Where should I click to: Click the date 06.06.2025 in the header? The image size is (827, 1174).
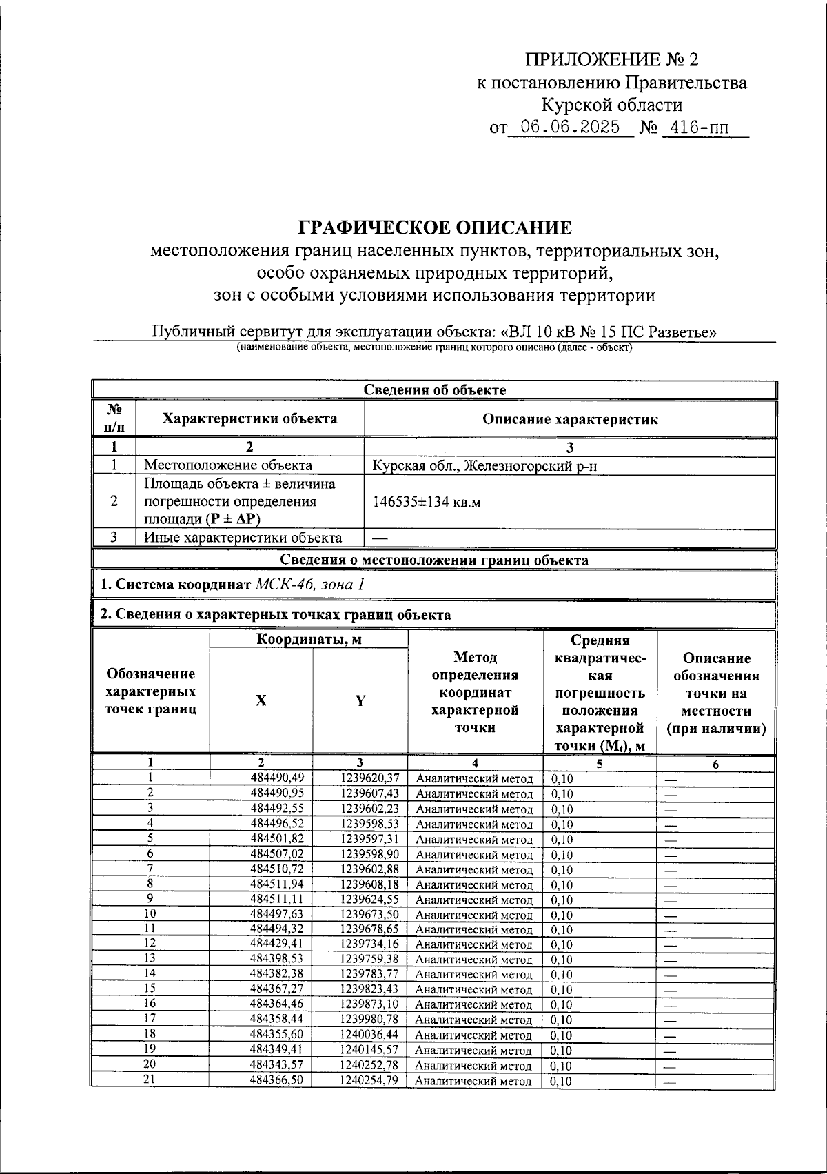(569, 128)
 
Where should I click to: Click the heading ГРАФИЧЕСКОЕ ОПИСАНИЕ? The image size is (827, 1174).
(434, 227)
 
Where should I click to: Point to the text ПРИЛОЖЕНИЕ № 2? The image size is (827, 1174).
(612, 60)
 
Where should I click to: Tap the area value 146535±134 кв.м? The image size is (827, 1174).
(426, 502)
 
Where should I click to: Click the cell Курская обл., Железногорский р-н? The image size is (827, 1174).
(484, 466)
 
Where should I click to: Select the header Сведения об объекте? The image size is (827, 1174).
(434, 389)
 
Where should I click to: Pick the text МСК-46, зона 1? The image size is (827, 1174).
(309, 585)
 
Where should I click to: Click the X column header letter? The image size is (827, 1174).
(261, 700)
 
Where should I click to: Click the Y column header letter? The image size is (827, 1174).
(360, 700)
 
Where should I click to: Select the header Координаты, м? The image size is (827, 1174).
(309, 640)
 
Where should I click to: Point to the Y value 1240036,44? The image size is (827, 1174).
(369, 1035)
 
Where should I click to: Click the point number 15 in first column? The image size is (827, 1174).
(150, 988)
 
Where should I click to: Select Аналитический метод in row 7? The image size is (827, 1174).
(474, 870)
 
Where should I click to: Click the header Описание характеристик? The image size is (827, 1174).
(569, 419)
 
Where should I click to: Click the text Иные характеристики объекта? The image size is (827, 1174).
(243, 538)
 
